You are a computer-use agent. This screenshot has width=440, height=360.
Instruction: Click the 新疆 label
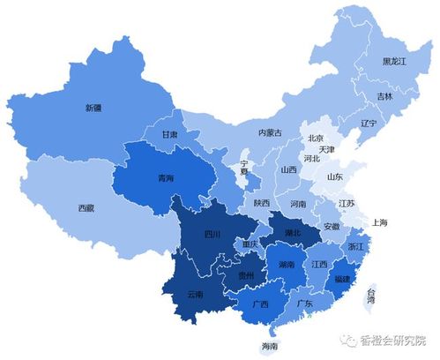point(93,108)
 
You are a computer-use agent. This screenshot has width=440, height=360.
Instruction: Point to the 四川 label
point(212,234)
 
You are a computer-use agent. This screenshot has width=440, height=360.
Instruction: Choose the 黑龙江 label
point(394,61)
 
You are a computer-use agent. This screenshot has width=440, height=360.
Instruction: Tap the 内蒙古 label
point(269,132)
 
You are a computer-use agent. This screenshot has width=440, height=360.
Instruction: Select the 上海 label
point(381,221)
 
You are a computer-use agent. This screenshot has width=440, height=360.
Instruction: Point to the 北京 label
point(316,139)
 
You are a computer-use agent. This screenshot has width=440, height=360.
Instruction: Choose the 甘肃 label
point(169,135)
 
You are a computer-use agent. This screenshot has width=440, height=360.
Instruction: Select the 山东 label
point(335,176)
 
